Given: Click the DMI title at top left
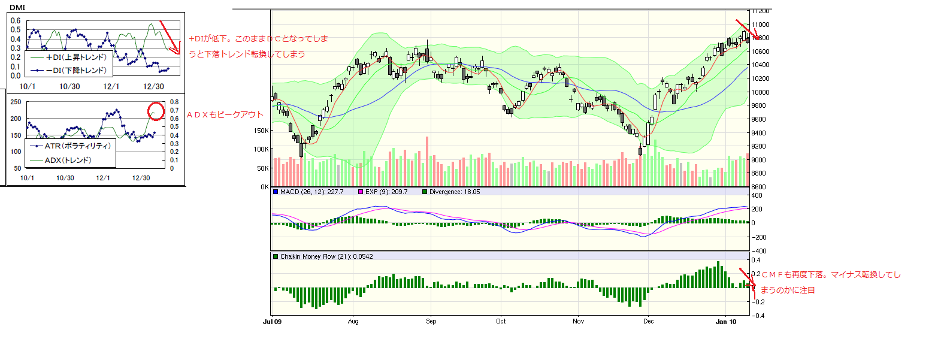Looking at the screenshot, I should click(x=17, y=8).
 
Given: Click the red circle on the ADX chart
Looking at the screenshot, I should click(x=156, y=111).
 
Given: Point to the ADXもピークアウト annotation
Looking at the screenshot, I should click(x=225, y=114).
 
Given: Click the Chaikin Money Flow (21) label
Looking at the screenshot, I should click(x=326, y=256).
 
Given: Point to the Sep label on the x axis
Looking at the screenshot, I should click(x=431, y=321).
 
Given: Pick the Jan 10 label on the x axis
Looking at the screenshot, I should click(x=726, y=321).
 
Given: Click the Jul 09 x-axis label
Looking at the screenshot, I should click(x=272, y=321).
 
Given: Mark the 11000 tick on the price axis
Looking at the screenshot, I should click(x=761, y=25).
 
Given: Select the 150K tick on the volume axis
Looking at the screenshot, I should click(x=261, y=130).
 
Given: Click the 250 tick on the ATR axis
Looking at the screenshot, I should click(x=16, y=102).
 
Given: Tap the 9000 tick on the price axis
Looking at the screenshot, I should click(x=759, y=160).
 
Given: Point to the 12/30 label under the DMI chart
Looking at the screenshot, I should click(x=153, y=86).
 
